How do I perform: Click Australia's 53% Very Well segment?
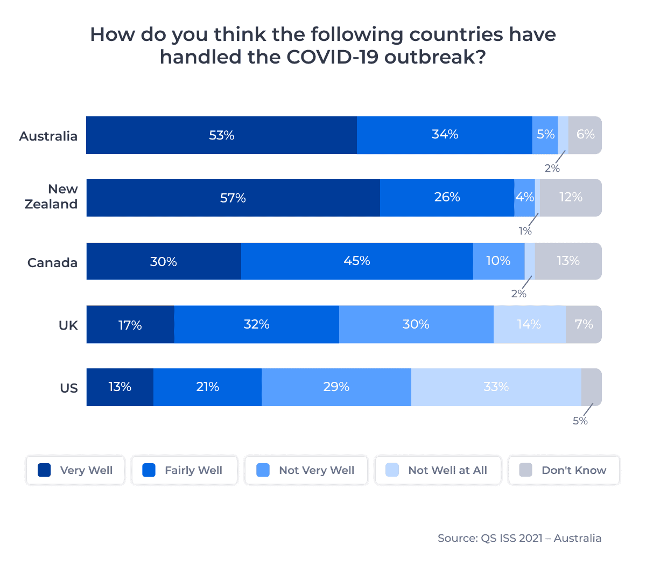(x=221, y=135)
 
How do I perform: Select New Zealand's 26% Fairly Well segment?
(x=447, y=198)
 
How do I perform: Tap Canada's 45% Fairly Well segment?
(x=357, y=261)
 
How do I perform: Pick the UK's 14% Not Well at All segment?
(x=529, y=324)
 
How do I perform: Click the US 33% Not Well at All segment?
(x=496, y=387)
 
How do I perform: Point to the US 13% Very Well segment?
(x=120, y=387)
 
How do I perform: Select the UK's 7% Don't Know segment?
(x=584, y=324)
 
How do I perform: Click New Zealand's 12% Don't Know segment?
(x=571, y=198)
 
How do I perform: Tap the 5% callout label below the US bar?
(x=580, y=421)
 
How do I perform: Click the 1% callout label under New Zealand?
(x=525, y=232)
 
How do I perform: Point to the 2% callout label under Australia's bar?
(x=552, y=169)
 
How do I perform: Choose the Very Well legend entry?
(x=75, y=470)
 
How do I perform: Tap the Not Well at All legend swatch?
(x=392, y=470)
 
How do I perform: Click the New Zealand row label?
(x=52, y=197)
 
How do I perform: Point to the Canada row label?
(x=52, y=263)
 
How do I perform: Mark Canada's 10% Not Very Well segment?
(x=498, y=261)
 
